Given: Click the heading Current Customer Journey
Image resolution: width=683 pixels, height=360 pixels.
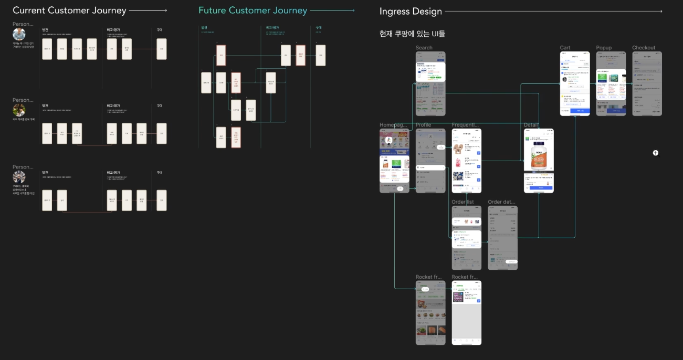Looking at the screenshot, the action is pyautogui.click(x=69, y=10).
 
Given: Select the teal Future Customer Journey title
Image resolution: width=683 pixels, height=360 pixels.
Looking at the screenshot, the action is pyautogui.click(x=253, y=10).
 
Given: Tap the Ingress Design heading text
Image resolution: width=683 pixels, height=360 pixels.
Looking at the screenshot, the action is pyautogui.click(x=411, y=11).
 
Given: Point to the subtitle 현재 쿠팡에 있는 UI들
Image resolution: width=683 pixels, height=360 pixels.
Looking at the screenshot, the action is pyautogui.click(x=412, y=34).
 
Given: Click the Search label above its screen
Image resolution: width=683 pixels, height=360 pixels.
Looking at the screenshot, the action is pyautogui.click(x=424, y=48).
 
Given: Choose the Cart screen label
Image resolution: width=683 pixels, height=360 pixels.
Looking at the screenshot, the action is pyautogui.click(x=565, y=48).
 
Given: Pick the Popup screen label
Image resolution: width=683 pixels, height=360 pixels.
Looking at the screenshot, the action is pyautogui.click(x=604, y=48).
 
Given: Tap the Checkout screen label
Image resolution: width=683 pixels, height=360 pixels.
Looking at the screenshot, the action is pyautogui.click(x=644, y=48).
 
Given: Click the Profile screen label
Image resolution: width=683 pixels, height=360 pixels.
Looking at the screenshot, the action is pyautogui.click(x=423, y=125).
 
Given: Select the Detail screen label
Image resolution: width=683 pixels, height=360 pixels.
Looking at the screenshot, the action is pyautogui.click(x=531, y=125).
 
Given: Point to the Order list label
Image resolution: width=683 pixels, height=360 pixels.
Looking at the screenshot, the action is pyautogui.click(x=463, y=202).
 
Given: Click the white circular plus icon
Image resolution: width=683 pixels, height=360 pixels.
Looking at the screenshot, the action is pyautogui.click(x=655, y=153).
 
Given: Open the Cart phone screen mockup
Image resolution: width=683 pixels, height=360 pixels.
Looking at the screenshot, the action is pyautogui.click(x=575, y=83).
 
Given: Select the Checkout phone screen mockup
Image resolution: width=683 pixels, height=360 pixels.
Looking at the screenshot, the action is pyautogui.click(x=647, y=83).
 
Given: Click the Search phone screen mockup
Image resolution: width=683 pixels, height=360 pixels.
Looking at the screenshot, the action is pyautogui.click(x=430, y=83).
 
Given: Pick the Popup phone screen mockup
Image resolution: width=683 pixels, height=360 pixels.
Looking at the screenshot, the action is pyautogui.click(x=611, y=83).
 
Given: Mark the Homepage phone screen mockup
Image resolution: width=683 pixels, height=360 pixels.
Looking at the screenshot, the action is pyautogui.click(x=394, y=161).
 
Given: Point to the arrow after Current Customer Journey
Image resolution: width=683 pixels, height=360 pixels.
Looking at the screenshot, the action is pyautogui.click(x=148, y=10).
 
